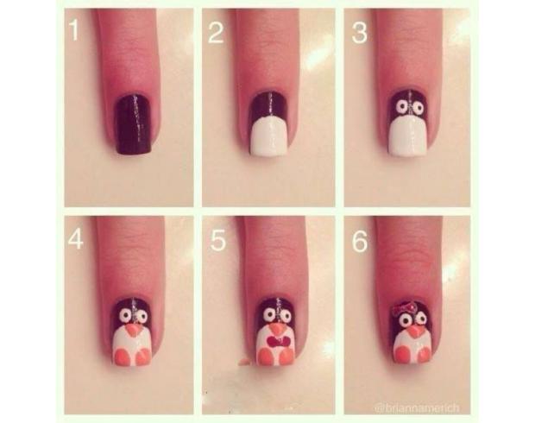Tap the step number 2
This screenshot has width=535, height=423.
coord(216,33)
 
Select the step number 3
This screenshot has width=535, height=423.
coord(359,33)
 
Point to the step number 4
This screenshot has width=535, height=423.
coord(75,239)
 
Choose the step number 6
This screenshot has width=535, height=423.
coord(360,242)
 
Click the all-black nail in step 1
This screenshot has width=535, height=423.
coord(134,124)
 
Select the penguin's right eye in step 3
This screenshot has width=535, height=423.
coord(418,108)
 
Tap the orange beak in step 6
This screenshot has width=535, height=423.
coord(415,331)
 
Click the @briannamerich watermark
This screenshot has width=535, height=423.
coord(417,408)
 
